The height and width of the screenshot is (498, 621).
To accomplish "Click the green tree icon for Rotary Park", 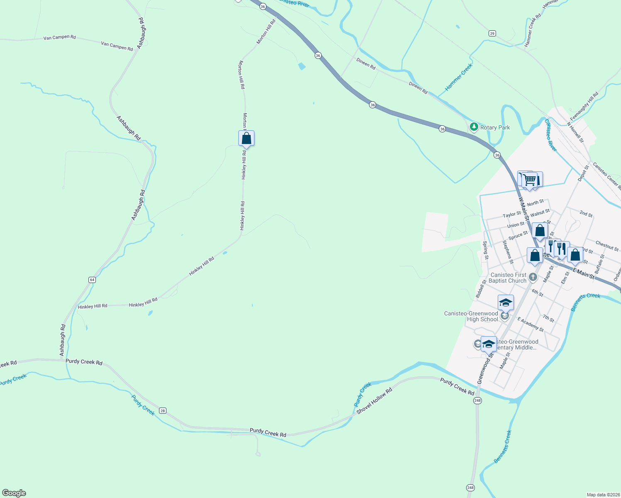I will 474,126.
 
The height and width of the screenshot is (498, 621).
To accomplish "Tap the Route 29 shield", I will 492,34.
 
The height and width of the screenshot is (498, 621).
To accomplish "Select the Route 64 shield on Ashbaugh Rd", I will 92,280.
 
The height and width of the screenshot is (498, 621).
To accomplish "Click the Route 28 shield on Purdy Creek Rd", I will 162,411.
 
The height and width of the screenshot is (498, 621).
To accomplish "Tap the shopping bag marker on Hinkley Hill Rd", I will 246,139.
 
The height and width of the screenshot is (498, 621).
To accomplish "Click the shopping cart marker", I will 529,180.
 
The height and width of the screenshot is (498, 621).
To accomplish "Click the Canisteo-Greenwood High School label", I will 471,316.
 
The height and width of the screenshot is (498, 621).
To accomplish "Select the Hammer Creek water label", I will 459,77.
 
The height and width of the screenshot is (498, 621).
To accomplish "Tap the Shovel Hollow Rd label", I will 374,401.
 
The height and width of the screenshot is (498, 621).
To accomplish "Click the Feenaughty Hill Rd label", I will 584,107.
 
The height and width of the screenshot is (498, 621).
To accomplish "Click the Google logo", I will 14,493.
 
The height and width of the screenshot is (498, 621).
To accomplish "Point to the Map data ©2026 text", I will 603,495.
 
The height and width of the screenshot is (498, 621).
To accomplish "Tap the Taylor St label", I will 511,215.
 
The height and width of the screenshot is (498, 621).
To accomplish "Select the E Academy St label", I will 531,324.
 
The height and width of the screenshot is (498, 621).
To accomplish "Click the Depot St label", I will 583,173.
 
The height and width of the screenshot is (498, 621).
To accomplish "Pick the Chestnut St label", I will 607,246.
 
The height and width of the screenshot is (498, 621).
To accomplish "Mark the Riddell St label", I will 481,288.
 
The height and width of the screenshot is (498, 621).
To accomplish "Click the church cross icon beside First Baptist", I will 533,277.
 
